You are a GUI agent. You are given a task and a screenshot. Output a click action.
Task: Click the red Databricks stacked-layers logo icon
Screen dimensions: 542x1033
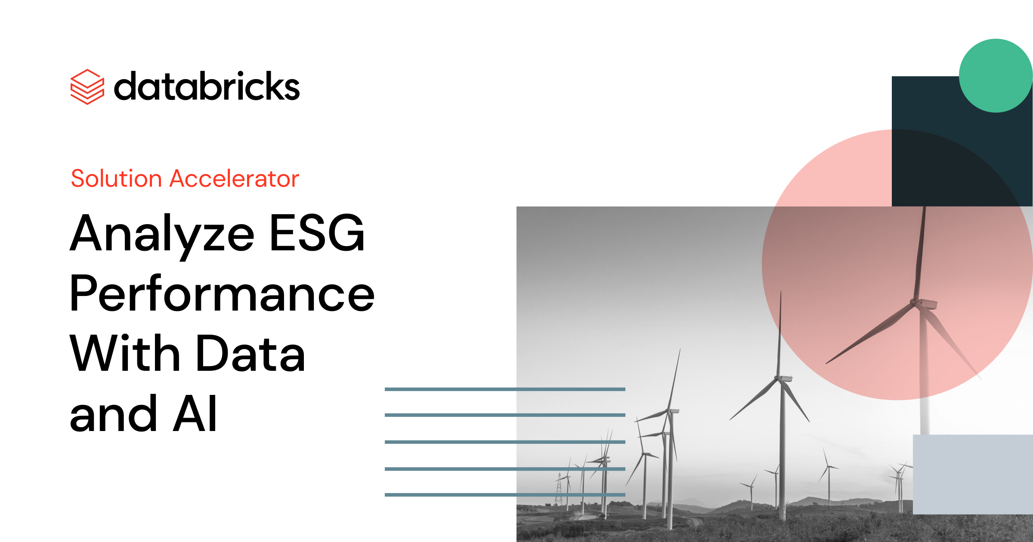tap(87, 86)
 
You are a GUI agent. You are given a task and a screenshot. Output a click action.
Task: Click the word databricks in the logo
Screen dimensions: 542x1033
tap(207, 86)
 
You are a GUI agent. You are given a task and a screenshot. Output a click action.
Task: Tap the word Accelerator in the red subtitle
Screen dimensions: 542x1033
tap(234, 179)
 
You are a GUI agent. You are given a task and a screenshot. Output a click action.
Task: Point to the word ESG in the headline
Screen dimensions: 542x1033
tap(317, 234)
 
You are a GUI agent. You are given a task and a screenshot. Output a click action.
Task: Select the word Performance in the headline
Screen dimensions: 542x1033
tap(222, 294)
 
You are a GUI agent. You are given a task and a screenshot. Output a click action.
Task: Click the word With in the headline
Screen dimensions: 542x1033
tap(125, 354)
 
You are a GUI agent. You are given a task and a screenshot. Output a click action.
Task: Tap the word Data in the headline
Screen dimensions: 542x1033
tap(251, 354)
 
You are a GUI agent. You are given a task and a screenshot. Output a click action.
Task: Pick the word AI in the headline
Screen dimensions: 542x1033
tap(195, 414)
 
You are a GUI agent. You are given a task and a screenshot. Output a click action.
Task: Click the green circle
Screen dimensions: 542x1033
tap(995, 76)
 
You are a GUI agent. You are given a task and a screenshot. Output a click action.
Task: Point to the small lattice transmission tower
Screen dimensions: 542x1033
tap(559, 490)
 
